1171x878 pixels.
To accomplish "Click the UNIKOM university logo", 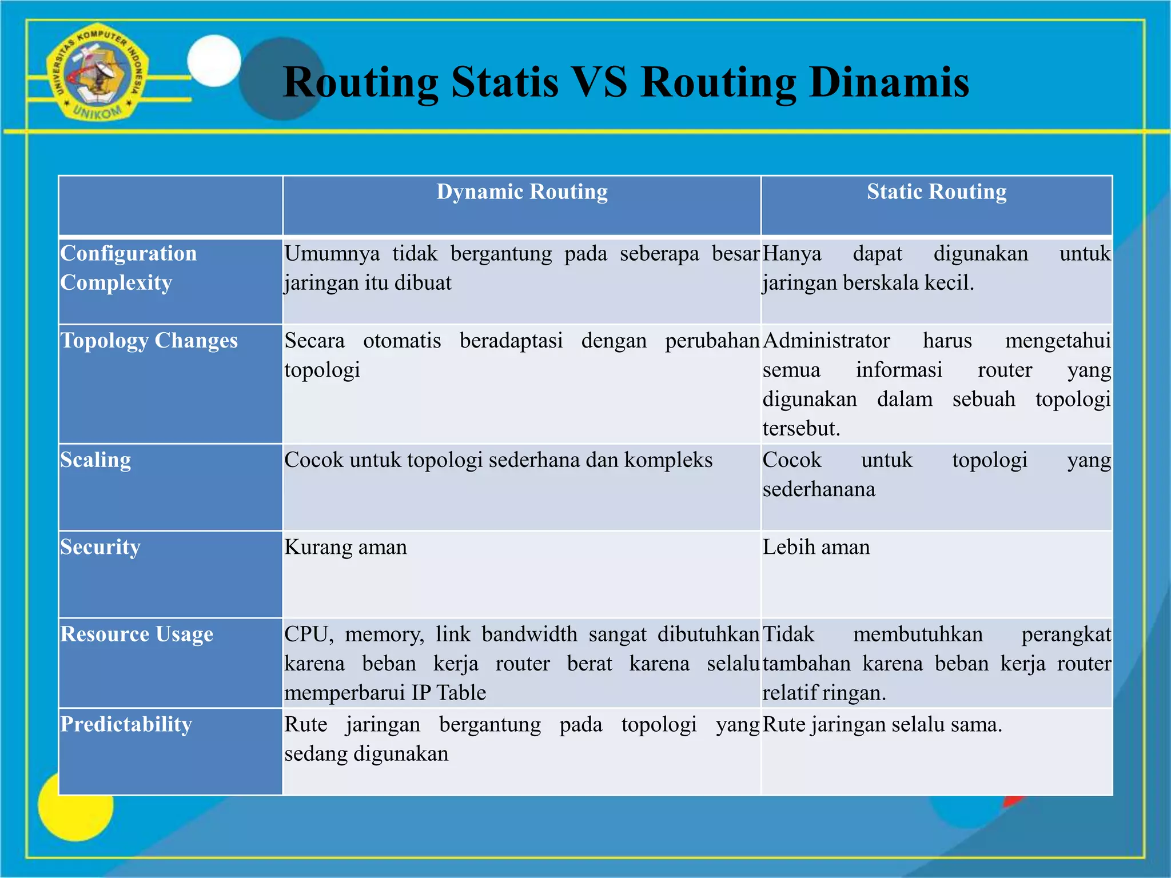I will click(x=97, y=73).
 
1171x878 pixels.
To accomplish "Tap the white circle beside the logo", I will click(x=214, y=61).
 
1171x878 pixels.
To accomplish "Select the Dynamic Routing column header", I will click(x=522, y=192).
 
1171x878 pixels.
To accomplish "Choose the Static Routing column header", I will click(x=937, y=192).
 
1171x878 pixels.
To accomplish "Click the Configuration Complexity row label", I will click(x=128, y=268).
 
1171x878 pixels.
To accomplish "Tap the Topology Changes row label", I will click(x=149, y=341).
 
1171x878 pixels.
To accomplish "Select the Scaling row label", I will click(x=95, y=460).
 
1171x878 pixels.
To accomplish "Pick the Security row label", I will click(x=100, y=547).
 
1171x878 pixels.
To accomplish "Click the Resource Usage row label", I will click(x=137, y=634).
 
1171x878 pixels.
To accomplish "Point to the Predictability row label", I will click(x=126, y=724).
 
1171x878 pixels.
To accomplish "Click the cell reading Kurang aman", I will click(x=345, y=548).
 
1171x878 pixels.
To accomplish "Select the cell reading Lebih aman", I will click(x=816, y=548).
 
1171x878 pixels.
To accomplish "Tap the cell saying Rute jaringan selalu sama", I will click(x=882, y=725).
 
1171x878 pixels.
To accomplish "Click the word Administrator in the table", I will click(x=826, y=341).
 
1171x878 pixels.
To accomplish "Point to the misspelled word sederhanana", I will click(x=819, y=489).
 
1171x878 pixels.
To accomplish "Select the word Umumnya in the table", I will click(x=332, y=254).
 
